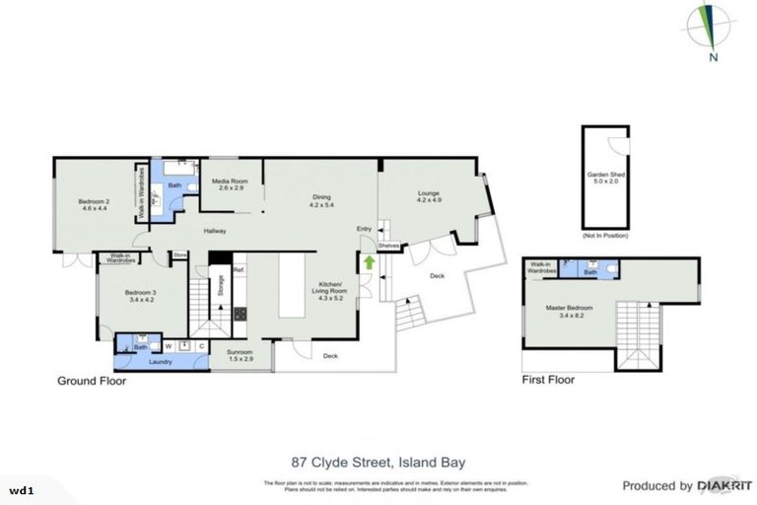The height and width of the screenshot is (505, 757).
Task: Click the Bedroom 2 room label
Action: tap(93, 205)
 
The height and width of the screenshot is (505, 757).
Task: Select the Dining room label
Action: tap(321, 201)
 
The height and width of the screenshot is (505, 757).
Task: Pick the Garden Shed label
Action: tap(605, 178)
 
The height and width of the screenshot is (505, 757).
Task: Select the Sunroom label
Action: tap(241, 355)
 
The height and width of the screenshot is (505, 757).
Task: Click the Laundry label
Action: tap(160, 362)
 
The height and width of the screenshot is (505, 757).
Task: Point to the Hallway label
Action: tap(215, 231)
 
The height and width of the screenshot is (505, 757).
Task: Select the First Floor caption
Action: tap(547, 380)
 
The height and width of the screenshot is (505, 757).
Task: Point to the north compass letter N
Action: tap(710, 56)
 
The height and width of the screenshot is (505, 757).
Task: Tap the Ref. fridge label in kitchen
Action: tap(239, 269)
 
